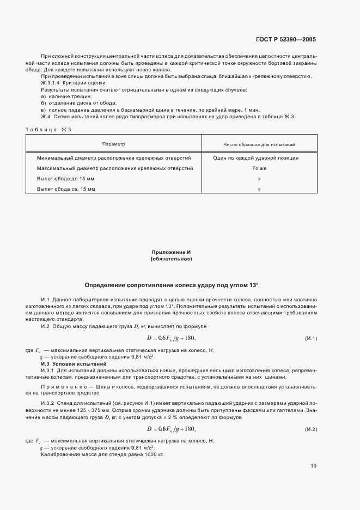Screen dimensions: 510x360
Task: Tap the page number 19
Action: [x=313, y=466]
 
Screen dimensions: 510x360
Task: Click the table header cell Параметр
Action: [x=114, y=144]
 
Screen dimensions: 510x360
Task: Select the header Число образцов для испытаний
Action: [x=259, y=144]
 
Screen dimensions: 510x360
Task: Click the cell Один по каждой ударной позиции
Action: [x=259, y=158]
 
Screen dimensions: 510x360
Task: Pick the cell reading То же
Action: [x=259, y=168]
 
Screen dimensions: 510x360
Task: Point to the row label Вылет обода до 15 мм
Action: [x=65, y=179]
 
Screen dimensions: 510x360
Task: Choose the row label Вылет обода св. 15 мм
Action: [x=66, y=189]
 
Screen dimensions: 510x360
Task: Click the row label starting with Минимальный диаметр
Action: [x=114, y=158]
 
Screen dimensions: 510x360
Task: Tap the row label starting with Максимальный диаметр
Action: [x=114, y=168]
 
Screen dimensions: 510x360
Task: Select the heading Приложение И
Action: [x=170, y=253]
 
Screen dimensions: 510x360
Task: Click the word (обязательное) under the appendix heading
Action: [x=170, y=259]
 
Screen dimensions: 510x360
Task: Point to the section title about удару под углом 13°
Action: [x=171, y=285]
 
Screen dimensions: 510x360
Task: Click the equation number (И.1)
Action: [x=311, y=339]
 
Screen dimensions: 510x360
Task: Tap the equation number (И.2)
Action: [x=311, y=429]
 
